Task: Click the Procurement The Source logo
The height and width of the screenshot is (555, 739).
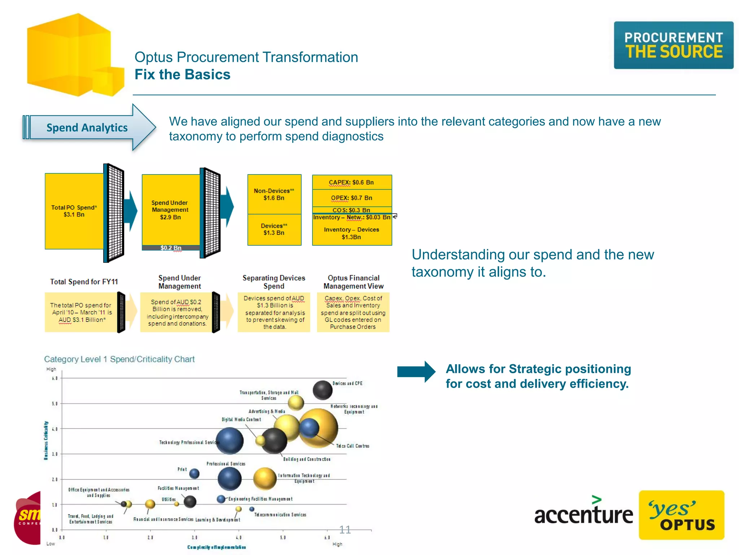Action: pos(673,45)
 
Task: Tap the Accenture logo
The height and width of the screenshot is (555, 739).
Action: pos(583,512)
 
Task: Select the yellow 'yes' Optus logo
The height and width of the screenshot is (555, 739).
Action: pos(681,515)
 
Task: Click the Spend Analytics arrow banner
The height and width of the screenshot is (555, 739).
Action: pos(88,127)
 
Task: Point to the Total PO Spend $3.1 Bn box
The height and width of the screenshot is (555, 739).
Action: pos(74,211)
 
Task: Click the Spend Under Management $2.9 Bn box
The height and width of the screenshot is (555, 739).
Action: pos(170,210)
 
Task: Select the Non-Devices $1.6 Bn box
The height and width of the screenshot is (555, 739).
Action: pos(274,194)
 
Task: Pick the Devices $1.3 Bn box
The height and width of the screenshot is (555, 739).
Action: pos(274,229)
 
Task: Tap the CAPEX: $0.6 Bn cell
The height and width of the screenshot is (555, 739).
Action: pos(351,182)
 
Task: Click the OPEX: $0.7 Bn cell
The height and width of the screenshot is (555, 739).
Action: pos(351,198)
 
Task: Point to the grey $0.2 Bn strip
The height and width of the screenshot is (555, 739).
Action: pos(171,248)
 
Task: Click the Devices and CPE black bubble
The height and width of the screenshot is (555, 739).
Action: pos(322,390)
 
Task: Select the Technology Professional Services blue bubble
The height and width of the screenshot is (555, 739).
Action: pos(229,440)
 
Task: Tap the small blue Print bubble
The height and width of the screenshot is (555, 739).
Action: pos(194,473)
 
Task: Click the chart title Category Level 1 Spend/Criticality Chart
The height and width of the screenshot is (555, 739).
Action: pos(119,359)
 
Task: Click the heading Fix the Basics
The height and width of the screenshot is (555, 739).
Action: pos(182,74)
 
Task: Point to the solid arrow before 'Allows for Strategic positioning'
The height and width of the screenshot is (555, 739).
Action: pos(416,371)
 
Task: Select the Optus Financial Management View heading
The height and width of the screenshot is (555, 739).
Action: pos(353,282)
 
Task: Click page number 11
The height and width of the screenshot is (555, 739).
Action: pos(345,530)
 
